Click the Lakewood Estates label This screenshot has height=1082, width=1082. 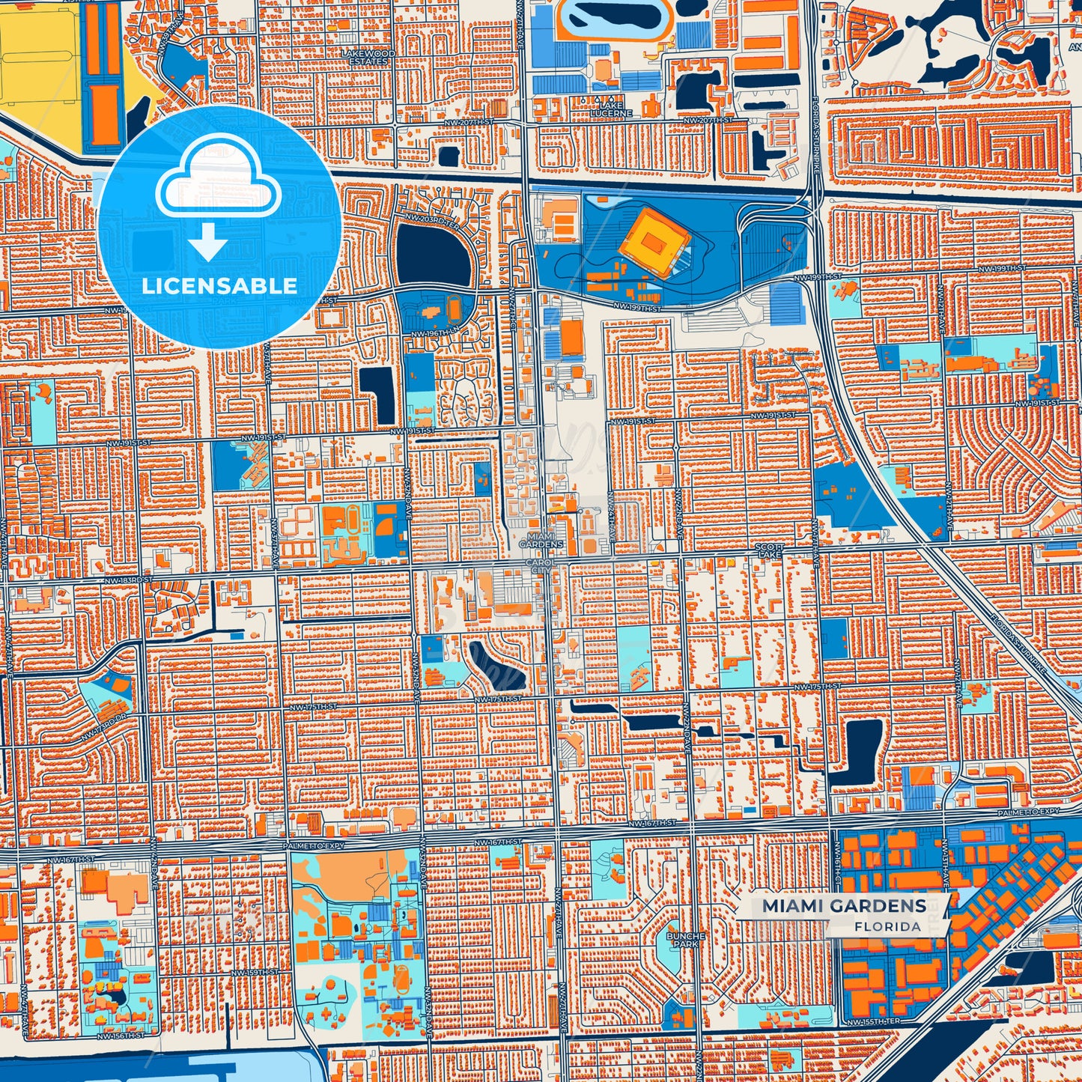point(368,58)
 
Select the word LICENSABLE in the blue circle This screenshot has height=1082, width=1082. point(219,286)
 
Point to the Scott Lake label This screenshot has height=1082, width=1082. point(769,551)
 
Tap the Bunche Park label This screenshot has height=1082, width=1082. point(685,940)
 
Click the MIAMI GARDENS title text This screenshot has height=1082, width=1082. point(844,906)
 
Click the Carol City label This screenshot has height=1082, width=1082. point(540,566)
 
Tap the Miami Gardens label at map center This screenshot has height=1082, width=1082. point(541,541)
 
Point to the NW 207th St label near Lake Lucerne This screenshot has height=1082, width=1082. point(705,121)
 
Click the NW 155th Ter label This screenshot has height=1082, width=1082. point(869,1021)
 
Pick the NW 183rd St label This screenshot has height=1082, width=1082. point(127,580)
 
